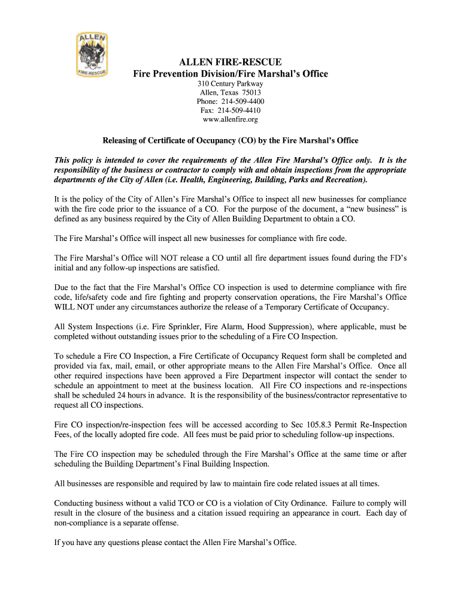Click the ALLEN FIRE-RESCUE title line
(230, 62)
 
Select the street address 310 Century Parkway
(230, 84)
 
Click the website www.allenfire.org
(230, 120)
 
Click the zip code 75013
(250, 93)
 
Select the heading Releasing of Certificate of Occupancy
(230, 141)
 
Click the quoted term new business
(371, 209)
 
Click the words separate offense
(148, 523)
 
